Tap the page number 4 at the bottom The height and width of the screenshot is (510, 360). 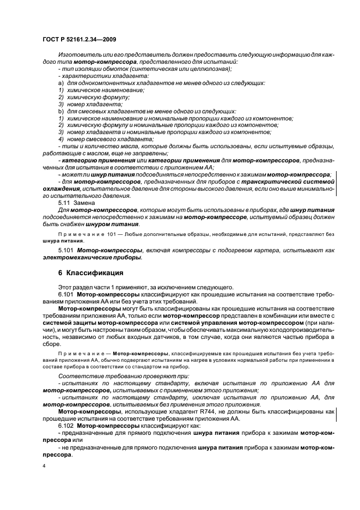tap(45, 466)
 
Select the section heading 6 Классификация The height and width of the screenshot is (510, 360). tap(90, 272)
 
